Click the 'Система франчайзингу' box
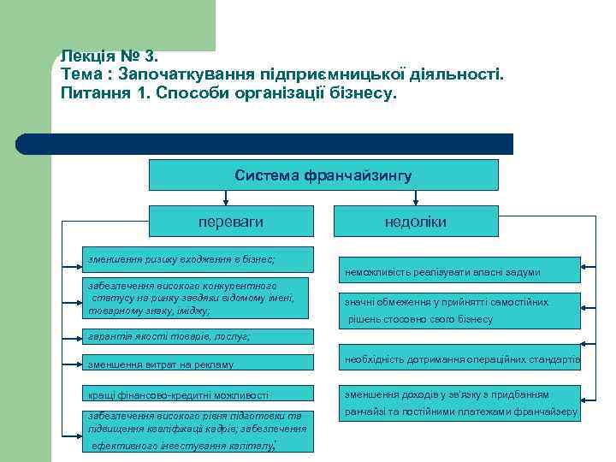(x=323, y=175)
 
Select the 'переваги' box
(x=231, y=222)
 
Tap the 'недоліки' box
(x=415, y=222)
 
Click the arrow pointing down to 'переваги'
(x=225, y=198)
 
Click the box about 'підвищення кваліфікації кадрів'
(x=197, y=429)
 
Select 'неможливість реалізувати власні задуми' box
(x=460, y=271)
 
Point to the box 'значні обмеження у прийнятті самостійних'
(x=460, y=311)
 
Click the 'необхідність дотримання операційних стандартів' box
(x=460, y=359)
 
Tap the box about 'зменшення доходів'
(x=460, y=403)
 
